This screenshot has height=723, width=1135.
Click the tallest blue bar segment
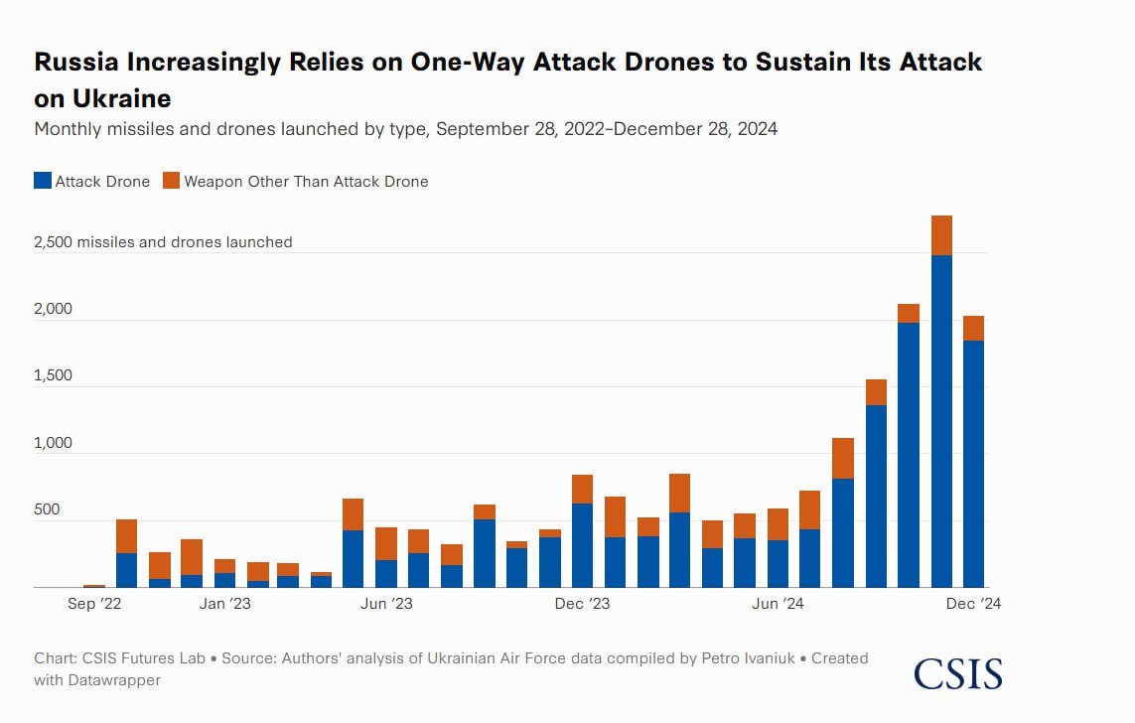pyautogui.click(x=941, y=421)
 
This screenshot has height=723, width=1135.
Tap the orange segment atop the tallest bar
pyautogui.click(x=941, y=235)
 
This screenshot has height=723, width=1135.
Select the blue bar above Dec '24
pyautogui.click(x=973, y=464)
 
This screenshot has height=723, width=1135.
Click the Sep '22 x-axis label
pyautogui.click(x=94, y=604)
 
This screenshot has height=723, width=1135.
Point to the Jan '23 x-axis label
pyautogui.click(x=224, y=604)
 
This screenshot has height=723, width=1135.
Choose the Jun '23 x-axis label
pyautogui.click(x=385, y=604)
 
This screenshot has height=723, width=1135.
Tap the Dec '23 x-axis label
pyautogui.click(x=582, y=604)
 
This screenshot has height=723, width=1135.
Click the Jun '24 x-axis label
pyautogui.click(x=778, y=604)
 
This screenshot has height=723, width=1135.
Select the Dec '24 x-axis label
pyautogui.click(x=973, y=604)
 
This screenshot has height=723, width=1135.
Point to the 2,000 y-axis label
pyautogui.click(x=54, y=309)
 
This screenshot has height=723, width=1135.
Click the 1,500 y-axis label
pyautogui.click(x=53, y=375)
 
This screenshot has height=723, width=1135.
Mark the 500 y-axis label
pyautogui.click(x=48, y=509)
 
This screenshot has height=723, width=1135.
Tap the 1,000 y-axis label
pyautogui.click(x=53, y=443)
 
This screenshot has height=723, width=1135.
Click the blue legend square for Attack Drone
pyautogui.click(x=42, y=181)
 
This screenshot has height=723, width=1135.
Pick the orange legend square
pyautogui.click(x=171, y=181)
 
